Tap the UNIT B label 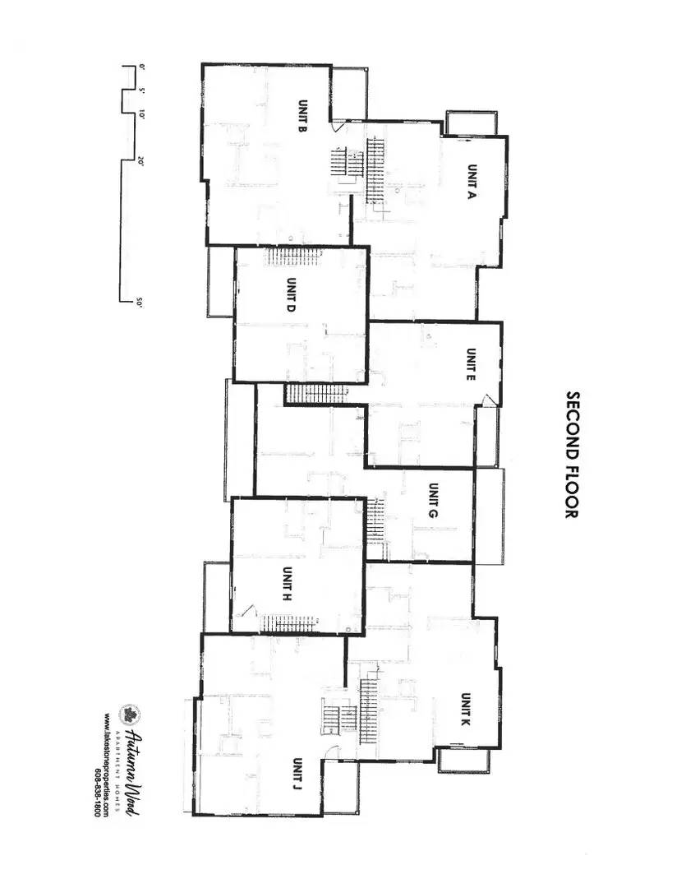(302, 121)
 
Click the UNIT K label (464, 708)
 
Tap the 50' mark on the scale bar (140, 303)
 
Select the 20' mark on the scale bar (140, 162)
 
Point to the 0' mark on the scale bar (140, 67)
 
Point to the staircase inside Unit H (289, 624)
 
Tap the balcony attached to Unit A (472, 123)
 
